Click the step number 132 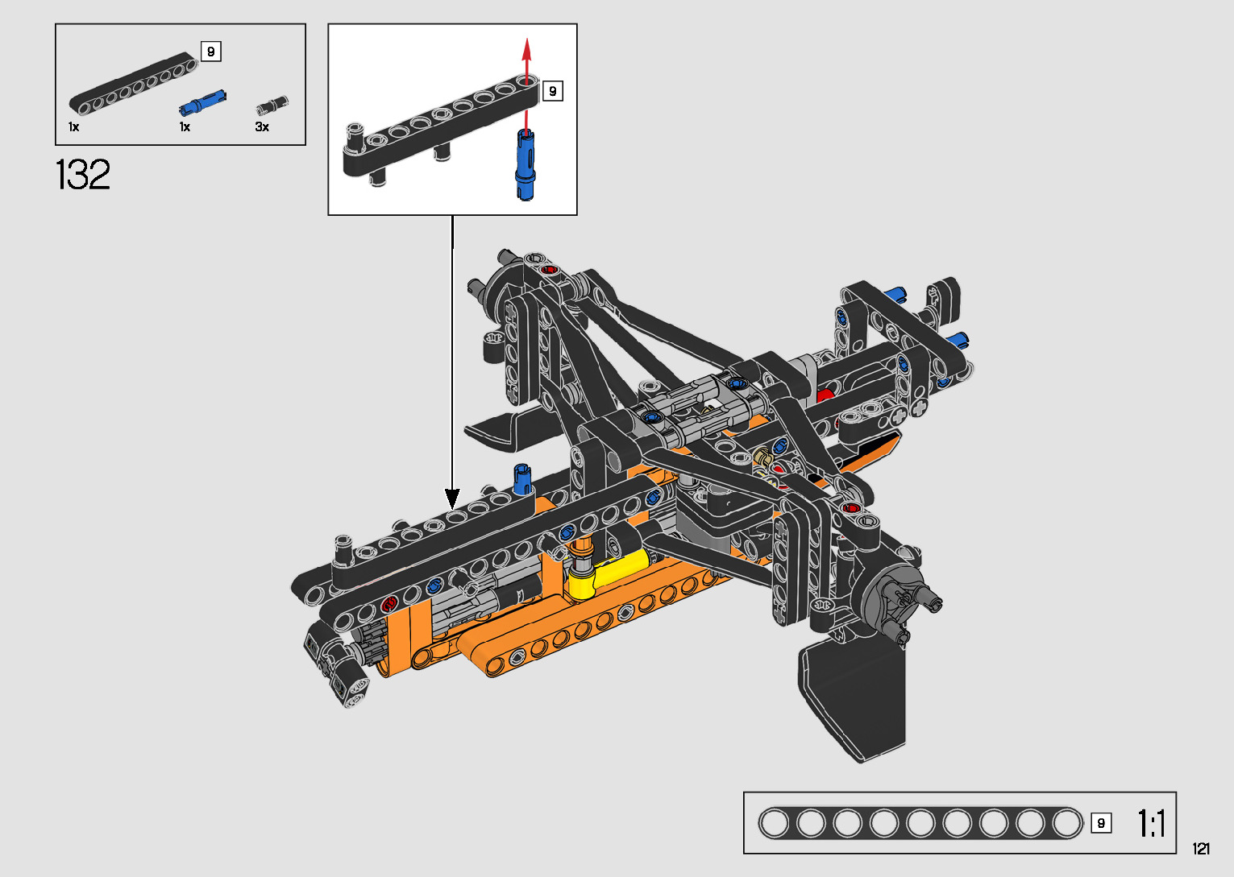click(83, 175)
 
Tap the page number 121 click(1201, 848)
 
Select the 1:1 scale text click(1151, 823)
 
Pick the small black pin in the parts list click(272, 105)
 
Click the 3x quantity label click(262, 127)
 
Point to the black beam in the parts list click(133, 84)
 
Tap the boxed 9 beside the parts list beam click(211, 52)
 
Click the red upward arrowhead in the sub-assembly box click(527, 48)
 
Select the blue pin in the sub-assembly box click(525, 164)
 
